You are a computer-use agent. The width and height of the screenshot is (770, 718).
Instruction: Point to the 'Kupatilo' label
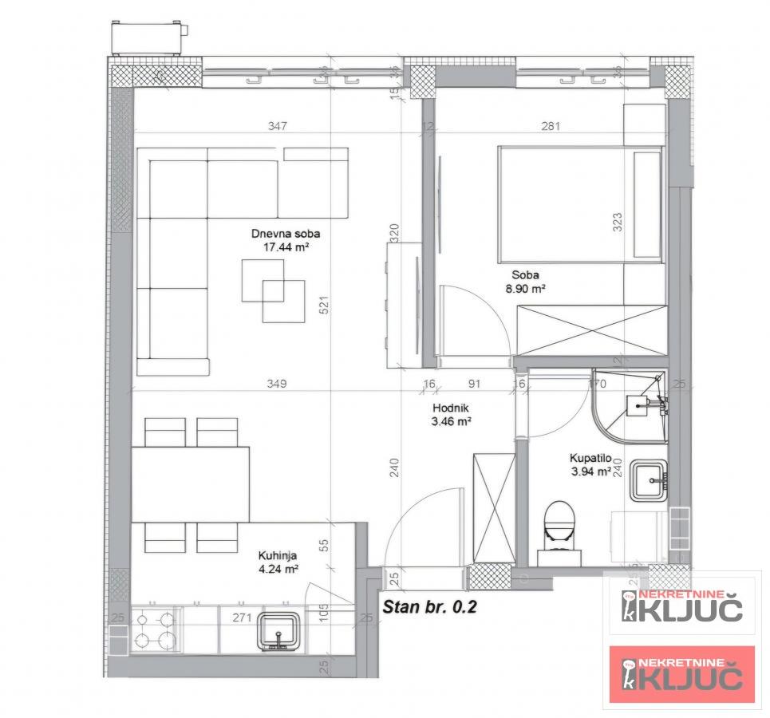click(590, 459)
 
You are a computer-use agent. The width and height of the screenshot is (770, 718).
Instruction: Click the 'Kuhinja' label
click(278, 556)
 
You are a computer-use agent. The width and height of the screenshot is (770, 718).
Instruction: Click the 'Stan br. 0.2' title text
click(429, 606)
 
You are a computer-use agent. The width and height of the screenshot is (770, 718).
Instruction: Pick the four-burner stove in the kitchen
click(155, 629)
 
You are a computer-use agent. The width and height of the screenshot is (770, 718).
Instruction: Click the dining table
click(191, 484)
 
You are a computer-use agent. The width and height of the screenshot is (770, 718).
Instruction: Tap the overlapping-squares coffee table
click(273, 290)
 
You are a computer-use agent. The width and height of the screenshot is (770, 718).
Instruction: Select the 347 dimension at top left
click(278, 126)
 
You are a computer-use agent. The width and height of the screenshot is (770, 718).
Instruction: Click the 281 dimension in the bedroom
click(551, 126)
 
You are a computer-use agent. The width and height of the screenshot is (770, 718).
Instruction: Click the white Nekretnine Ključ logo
click(682, 606)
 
